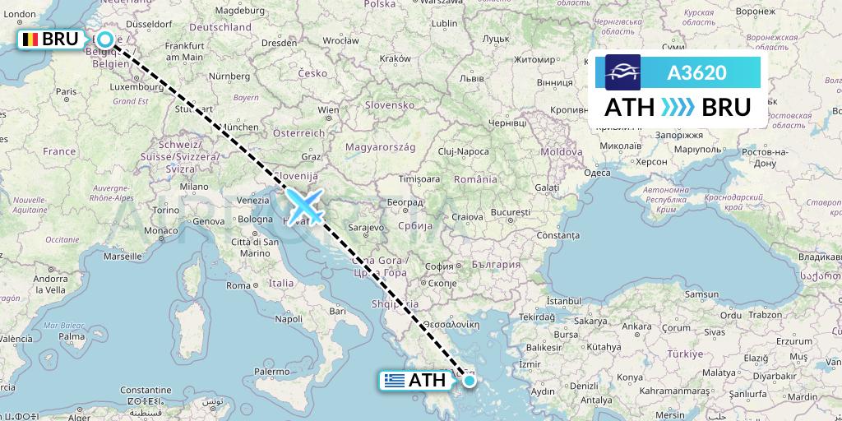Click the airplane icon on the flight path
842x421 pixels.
point(304,206)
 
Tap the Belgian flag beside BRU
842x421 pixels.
point(31,39)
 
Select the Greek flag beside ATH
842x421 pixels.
point(395,381)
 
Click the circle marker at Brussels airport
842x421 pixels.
point(104,39)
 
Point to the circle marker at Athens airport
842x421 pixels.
point(469,380)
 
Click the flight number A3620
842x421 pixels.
point(696,73)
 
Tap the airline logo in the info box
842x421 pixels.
point(622,72)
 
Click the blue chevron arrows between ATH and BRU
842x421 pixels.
point(678,108)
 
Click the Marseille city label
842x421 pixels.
point(123,256)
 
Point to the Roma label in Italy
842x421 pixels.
point(238,285)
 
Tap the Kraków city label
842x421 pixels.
point(396,58)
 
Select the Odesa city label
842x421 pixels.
point(597,173)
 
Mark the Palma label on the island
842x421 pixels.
point(72,335)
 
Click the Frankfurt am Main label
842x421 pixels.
point(183,52)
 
